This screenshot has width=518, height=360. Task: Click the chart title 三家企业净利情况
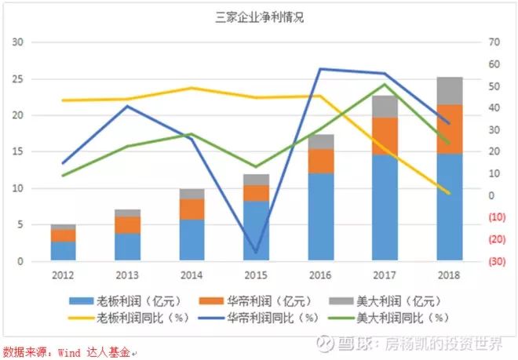259,17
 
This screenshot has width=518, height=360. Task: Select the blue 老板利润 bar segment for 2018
450,207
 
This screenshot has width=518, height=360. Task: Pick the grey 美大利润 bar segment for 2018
450,91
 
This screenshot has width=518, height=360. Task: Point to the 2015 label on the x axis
256,275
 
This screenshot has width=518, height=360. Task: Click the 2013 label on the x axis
127,275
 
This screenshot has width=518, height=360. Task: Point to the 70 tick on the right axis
492,42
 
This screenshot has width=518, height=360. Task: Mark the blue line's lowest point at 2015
256,253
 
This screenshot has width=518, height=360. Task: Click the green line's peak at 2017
385,84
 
